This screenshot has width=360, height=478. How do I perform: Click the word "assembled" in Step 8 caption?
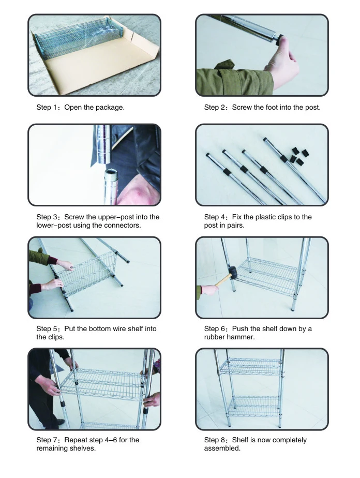click(x=222, y=449)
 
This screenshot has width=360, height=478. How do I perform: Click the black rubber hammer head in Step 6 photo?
click(x=233, y=272)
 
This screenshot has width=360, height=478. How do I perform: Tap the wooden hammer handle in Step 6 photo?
click(x=223, y=279)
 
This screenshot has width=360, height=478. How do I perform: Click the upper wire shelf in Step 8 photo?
click(x=250, y=366)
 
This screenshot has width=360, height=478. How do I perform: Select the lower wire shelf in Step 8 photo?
click(x=254, y=406)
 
